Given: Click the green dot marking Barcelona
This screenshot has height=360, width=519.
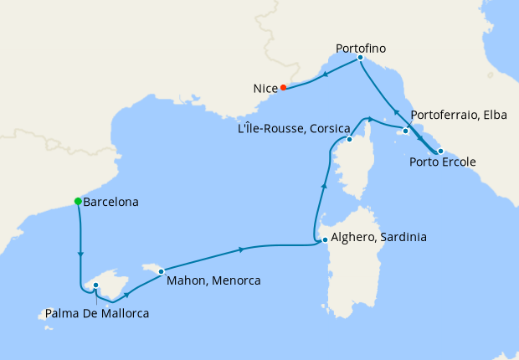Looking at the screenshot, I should click(x=78, y=201).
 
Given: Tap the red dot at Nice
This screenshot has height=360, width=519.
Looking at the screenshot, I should click(x=284, y=87).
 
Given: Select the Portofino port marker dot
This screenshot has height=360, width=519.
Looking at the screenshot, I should click(x=360, y=58).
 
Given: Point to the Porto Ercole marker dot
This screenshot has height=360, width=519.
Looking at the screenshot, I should click(x=440, y=151).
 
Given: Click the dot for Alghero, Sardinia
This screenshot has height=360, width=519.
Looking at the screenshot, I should click(x=325, y=240).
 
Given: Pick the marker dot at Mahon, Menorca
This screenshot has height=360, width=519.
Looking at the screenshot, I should click(x=161, y=271).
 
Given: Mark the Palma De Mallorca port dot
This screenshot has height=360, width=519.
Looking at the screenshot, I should click(x=96, y=285).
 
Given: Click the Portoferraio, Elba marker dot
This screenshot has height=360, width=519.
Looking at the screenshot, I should click(x=405, y=131).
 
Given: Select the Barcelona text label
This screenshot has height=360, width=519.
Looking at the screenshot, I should click(x=111, y=202).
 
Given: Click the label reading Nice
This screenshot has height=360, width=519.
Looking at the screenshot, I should click(x=265, y=87).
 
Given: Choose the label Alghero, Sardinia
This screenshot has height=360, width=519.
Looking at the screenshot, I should click(x=379, y=238).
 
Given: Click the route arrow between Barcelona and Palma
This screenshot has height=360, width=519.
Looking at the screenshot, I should click(x=81, y=251).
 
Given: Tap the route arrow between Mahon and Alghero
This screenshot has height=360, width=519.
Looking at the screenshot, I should click(x=241, y=249).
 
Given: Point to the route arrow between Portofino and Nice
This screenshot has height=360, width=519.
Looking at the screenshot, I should click(x=325, y=74).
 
